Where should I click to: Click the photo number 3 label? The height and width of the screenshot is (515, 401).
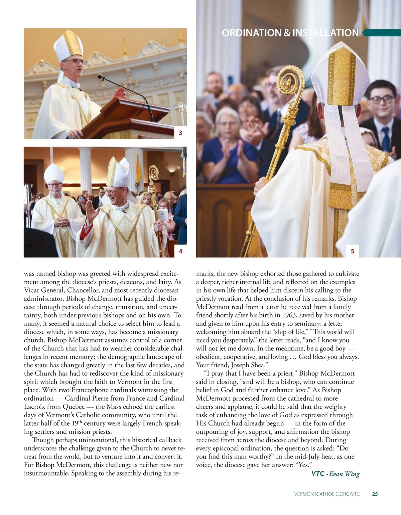pyautogui.click(x=180, y=133)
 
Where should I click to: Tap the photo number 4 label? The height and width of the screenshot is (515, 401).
pyautogui.click(x=180, y=251)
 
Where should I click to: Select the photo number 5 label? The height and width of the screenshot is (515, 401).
pyautogui.click(x=353, y=251)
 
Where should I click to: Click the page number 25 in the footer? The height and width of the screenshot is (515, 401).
pyautogui.click(x=375, y=494)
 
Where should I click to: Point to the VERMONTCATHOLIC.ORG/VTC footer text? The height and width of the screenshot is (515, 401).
pyautogui.click(x=327, y=494)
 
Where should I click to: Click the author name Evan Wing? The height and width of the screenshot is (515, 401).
pyautogui.click(x=344, y=474)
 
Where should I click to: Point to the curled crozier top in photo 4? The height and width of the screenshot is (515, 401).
pyautogui.click(x=154, y=174)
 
